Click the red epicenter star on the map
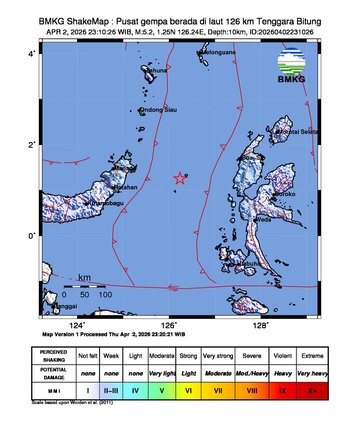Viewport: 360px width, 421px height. pos(180,178)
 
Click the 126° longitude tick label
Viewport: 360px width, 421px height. pos(170,325)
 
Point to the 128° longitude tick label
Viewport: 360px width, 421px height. pos(261,325)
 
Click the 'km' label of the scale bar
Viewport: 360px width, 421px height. pos(85,277)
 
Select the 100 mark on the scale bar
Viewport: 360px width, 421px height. pos(103,296)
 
